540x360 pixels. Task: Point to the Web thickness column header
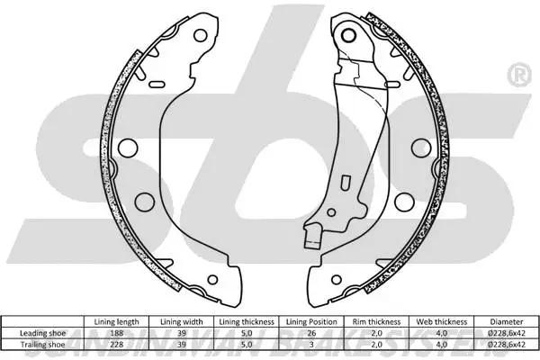click(x=440, y=321)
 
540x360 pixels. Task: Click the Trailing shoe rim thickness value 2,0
click(x=375, y=343)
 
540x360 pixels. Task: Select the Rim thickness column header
click(x=375, y=321)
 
